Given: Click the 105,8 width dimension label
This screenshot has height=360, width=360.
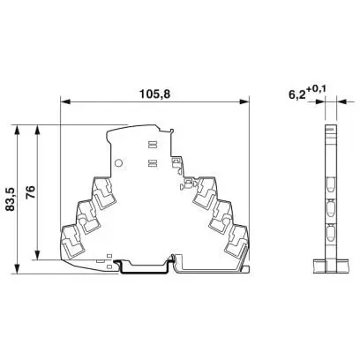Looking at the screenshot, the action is point(155,94).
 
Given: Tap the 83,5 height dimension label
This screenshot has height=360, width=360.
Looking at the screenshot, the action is point(11,200).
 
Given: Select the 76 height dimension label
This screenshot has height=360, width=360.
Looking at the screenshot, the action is point(30,192).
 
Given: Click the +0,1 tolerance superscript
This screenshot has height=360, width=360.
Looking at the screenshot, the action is point(316,89).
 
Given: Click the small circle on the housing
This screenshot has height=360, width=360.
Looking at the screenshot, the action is point(118,162).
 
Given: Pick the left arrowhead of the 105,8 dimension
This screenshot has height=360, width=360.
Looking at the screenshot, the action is point(65,101).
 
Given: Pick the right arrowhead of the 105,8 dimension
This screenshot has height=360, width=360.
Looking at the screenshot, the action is point(244,101).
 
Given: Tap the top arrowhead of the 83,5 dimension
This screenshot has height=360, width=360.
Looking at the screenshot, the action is point(18,130).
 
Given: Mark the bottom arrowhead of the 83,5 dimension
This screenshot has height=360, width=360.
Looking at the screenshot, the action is point(18,269).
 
